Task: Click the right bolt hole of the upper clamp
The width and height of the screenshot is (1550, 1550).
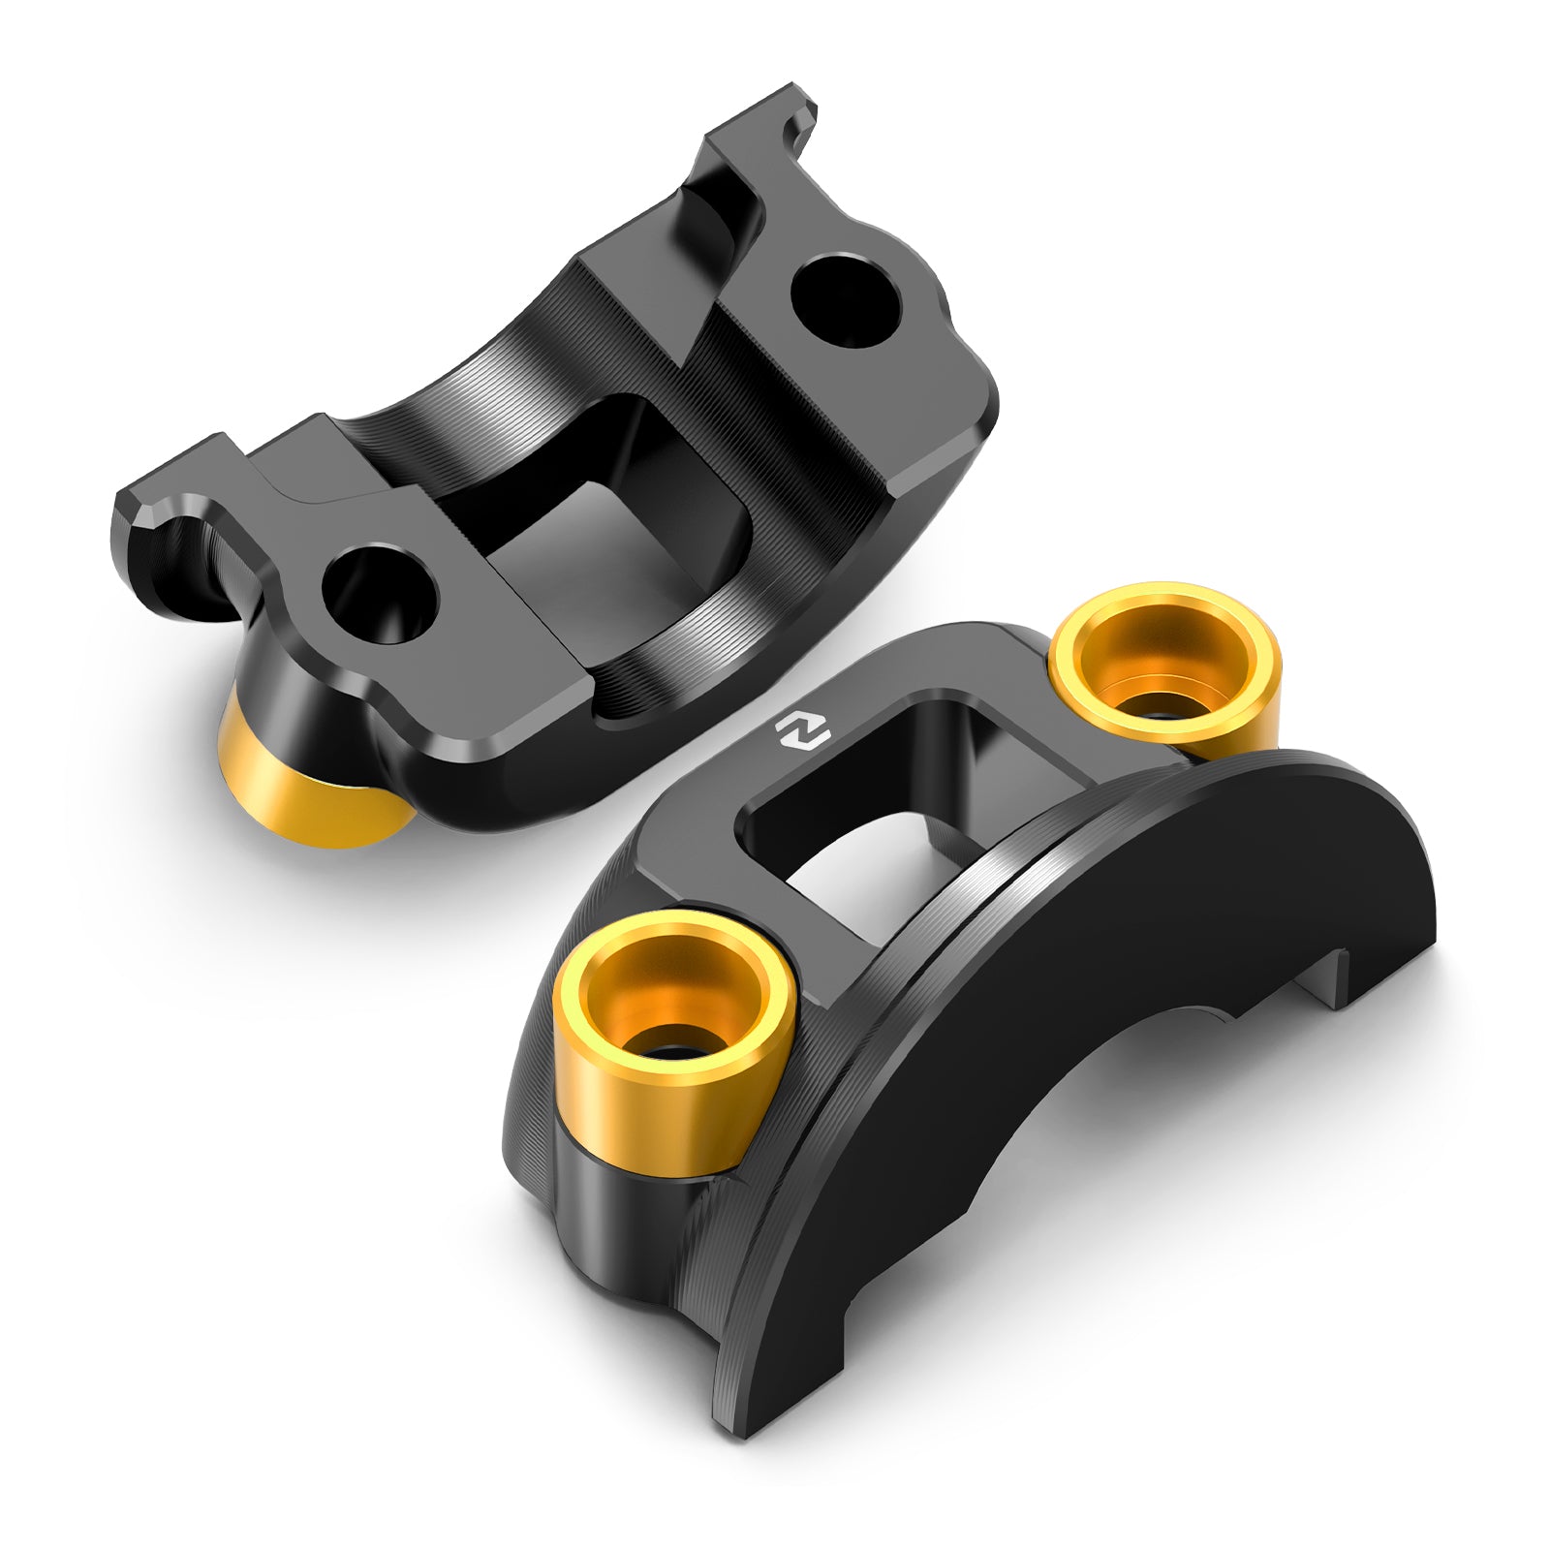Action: pyautogui.click(x=846, y=300)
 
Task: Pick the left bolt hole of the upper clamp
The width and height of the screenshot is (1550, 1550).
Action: pyautogui.click(x=379, y=593)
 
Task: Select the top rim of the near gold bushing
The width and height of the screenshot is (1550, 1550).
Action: pyautogui.click(x=674, y=930)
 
